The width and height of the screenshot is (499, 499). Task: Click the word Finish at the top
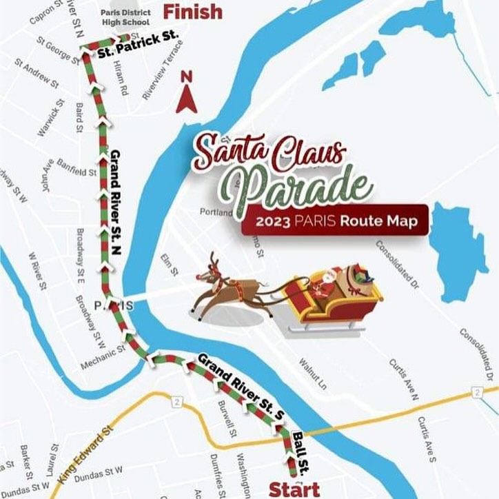pos(192,12)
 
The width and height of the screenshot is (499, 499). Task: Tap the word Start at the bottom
pos(294,489)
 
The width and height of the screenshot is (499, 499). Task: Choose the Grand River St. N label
pos(116,203)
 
